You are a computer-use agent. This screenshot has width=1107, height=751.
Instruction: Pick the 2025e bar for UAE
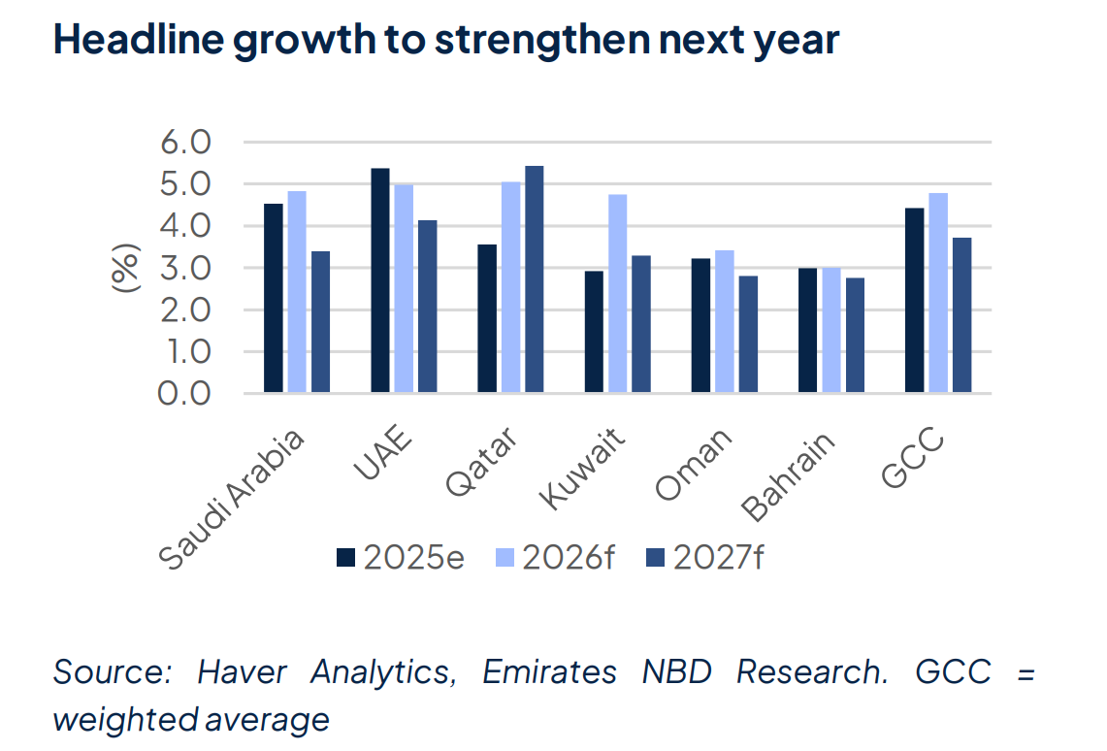tap(380, 280)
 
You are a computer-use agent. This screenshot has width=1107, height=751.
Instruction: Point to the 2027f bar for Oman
tap(748, 334)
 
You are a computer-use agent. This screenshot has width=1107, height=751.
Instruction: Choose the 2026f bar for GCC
tap(938, 292)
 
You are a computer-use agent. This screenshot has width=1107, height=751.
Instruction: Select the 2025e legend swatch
tap(346, 558)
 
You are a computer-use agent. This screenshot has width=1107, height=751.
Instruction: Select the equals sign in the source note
tap(1025, 672)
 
